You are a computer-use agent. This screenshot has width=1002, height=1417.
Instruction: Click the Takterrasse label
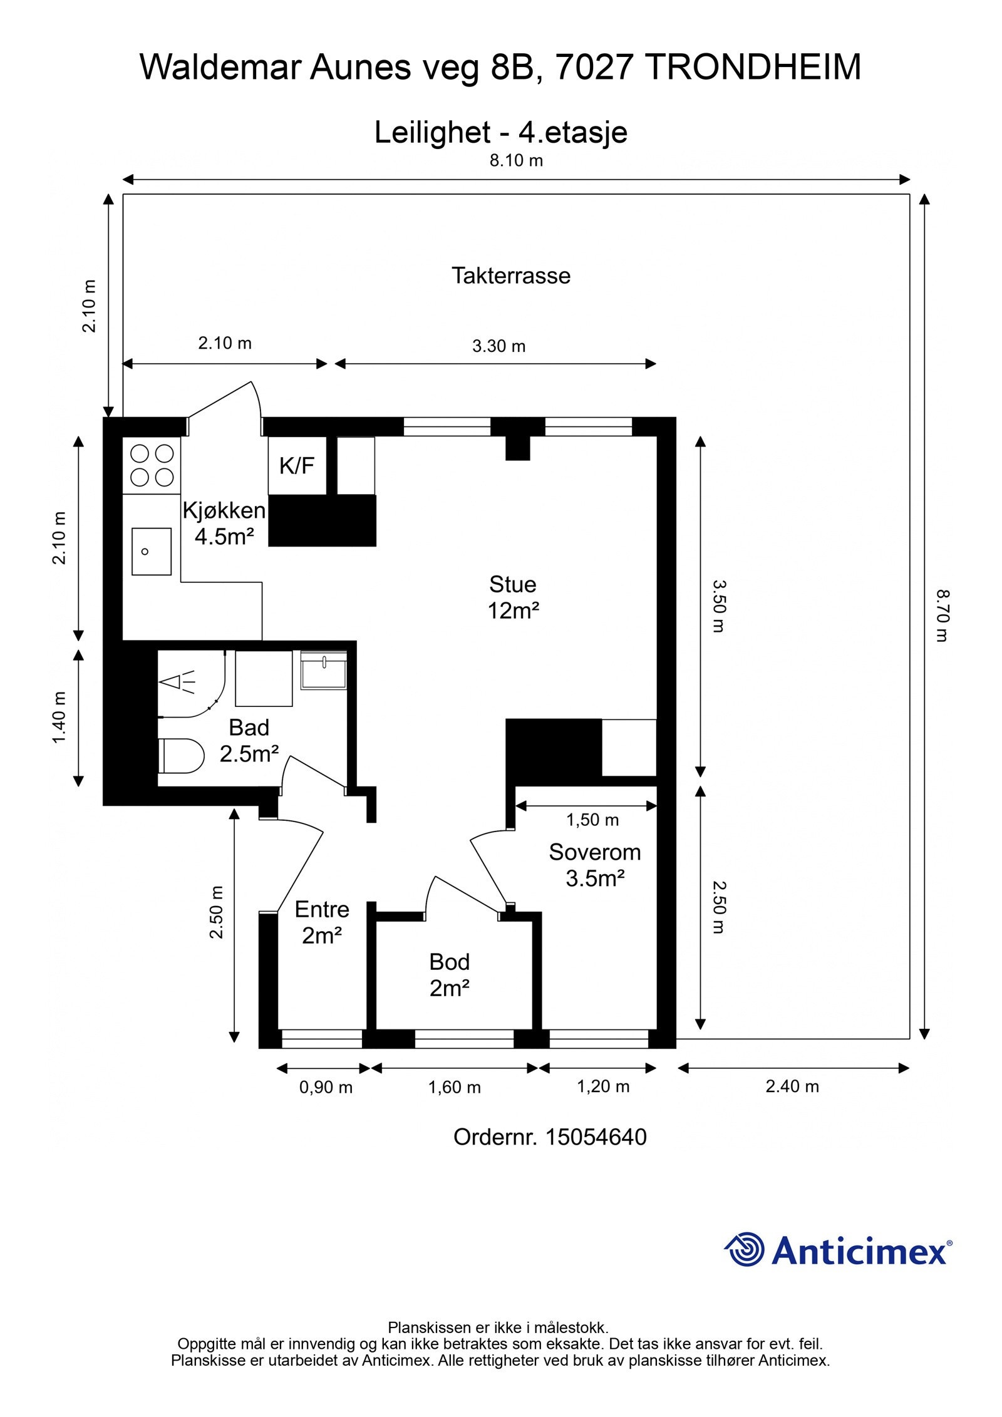coord(511,276)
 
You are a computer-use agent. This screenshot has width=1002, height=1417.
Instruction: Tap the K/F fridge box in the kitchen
coord(297,465)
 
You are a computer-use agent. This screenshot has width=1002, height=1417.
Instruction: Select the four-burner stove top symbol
coord(152,465)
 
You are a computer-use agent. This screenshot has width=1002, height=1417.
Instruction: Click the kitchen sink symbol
coord(151,551)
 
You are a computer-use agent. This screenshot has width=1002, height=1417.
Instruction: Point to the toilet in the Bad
coord(183,756)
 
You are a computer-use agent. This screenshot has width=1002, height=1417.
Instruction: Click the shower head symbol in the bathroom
coord(177,683)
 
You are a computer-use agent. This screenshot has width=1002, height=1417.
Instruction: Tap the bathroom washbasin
coord(323,671)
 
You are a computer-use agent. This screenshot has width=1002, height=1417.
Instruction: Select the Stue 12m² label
coord(513,597)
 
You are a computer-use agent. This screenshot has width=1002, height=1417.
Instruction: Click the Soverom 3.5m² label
coord(594,865)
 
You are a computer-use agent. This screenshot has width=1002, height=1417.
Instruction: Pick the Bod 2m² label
coord(449,975)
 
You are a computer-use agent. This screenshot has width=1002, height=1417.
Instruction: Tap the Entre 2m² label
coord(322,922)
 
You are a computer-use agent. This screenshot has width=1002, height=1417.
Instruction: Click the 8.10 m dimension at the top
coord(516,161)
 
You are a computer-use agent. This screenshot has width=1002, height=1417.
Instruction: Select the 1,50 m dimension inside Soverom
coord(592,820)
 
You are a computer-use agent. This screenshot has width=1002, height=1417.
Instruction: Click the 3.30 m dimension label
coord(498,346)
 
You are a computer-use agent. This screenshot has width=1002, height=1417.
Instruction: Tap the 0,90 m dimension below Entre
coord(326,1088)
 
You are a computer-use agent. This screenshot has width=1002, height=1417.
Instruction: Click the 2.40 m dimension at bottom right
coord(792,1086)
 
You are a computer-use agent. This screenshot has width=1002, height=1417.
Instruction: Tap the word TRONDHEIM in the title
coord(753,68)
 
